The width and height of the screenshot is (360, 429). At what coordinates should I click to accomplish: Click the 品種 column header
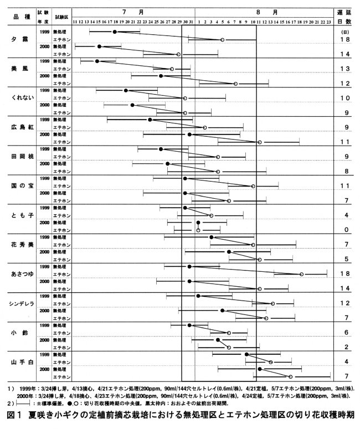21,17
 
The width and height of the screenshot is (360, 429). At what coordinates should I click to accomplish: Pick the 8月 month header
259,11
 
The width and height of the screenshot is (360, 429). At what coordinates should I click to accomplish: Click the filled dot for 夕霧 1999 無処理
114,32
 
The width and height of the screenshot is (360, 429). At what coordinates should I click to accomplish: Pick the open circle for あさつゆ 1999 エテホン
301,273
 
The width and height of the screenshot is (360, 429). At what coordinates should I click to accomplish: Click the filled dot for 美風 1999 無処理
97,61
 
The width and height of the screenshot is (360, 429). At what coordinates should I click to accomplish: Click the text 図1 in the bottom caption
14,416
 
